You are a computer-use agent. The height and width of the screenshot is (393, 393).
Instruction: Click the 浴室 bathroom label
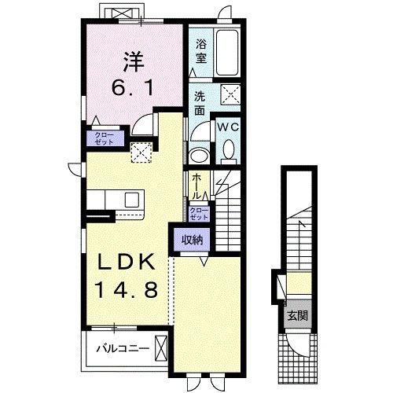pos(200,52)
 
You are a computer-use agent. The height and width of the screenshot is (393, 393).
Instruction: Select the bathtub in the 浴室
pos(229,51)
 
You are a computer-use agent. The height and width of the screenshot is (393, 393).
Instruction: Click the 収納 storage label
pos(190,238)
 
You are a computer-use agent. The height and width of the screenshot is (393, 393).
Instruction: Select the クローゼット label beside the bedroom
pos(104,139)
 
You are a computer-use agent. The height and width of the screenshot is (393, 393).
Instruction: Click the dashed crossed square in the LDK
pos(141,152)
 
